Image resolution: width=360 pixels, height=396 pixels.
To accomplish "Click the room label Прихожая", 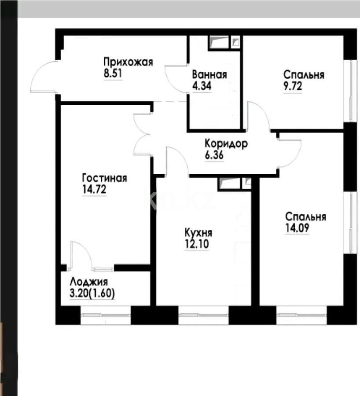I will pos(128,62).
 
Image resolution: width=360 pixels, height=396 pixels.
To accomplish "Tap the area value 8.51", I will pos(113,73).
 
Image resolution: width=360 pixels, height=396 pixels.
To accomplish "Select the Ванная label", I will pos(209,74).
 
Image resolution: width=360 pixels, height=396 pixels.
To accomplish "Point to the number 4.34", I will pos(202,86).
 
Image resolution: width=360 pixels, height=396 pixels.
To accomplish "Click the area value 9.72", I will pos(294,86).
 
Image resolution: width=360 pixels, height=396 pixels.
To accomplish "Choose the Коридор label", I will pos(226,143).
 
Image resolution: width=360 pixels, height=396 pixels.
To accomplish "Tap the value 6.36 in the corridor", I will pos(214,155).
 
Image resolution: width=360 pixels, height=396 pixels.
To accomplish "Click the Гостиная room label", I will pos(105,178).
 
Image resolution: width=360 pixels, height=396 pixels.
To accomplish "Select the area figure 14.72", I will pos(95,190).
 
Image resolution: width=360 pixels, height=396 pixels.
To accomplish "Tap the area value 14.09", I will pos(297,228).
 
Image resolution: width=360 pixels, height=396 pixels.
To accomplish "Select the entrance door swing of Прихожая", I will pos(44,77).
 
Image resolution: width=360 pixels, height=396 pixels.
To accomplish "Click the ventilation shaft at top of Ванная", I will pos(224,42).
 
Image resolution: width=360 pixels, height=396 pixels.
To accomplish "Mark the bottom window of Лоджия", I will pos(106,315).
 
